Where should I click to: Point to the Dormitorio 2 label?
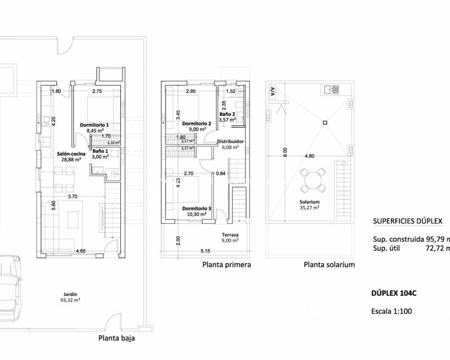click(196, 123)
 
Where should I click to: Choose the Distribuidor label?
click(231, 142)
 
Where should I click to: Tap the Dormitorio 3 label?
click(196, 208)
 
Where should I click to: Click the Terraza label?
click(229, 235)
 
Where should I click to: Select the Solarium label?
click(309, 202)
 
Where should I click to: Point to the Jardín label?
click(71, 293)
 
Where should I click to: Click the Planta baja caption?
click(116, 339)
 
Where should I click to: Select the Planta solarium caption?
click(329, 264)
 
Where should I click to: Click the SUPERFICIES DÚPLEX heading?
click(407, 220)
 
